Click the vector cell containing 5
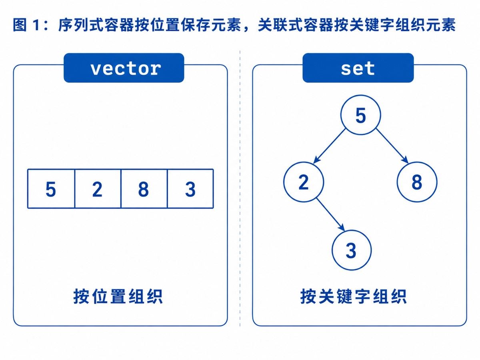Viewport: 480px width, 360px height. (51, 189)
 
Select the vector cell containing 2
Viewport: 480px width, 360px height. (98, 189)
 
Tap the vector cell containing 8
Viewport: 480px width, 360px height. (144, 189)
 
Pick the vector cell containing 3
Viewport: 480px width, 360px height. (190, 189)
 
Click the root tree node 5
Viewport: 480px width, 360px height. (361, 115)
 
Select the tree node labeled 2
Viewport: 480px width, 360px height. (304, 182)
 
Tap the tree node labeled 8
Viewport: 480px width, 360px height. (417, 182)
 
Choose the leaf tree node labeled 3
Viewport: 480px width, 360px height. (352, 250)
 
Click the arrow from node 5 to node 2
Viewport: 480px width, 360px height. (329, 146)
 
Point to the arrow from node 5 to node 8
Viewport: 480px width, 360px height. (392, 146)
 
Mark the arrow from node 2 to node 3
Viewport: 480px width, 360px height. (330, 214)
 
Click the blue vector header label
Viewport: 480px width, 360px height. (124, 68)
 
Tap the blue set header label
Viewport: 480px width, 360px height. (358, 68)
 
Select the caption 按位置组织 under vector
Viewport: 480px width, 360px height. (118, 296)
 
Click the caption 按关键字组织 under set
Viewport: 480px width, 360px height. (353, 296)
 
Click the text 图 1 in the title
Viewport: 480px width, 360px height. (26, 25)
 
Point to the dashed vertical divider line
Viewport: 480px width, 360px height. (240, 188)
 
